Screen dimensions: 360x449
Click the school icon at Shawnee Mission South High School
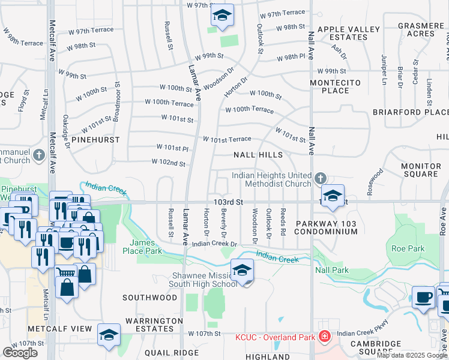click(242, 271)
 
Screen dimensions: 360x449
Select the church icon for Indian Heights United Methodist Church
click(321, 179)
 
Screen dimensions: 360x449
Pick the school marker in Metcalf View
click(109, 335)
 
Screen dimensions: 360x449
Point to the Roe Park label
click(408, 248)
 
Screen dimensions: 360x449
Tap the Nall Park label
click(331, 271)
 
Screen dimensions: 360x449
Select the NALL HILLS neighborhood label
click(258, 155)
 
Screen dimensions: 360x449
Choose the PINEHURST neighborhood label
click(95, 139)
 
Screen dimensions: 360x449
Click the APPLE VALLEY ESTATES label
click(348, 33)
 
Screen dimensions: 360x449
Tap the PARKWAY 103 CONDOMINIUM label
click(335, 227)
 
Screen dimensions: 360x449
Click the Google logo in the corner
click(20, 353)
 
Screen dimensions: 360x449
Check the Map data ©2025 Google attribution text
click(412, 355)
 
